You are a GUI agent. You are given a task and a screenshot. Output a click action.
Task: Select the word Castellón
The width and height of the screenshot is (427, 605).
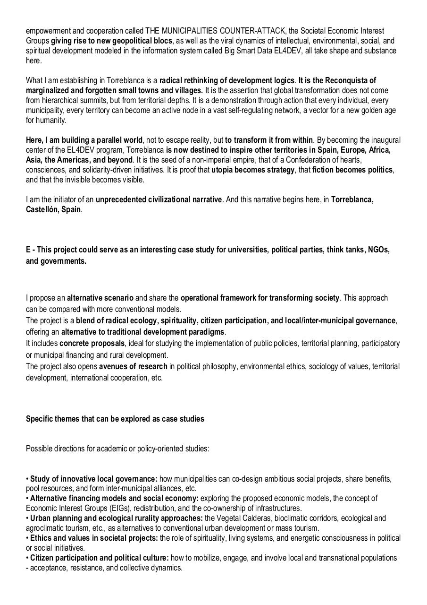tap(42, 209)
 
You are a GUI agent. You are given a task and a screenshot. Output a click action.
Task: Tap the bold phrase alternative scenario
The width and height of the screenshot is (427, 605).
tap(100, 298)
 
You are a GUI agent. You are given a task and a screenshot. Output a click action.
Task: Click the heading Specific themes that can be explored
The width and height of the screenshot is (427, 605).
tap(115, 419)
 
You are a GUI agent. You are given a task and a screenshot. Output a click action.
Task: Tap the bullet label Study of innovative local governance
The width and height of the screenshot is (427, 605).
tap(93, 479)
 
